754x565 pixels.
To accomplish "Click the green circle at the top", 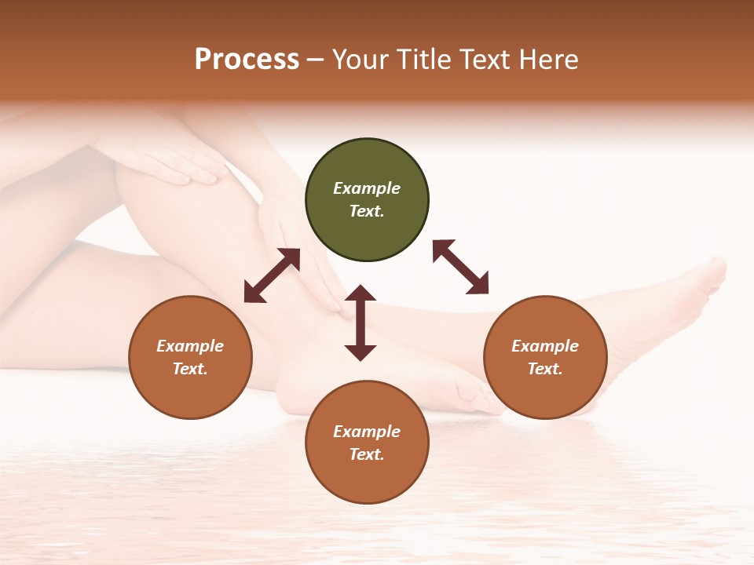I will click(367, 200).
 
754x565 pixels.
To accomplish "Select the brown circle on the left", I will click(190, 357).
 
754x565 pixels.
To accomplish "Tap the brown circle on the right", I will click(545, 357).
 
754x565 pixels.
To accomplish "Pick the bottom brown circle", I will click(367, 442).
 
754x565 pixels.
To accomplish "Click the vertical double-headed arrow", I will click(361, 323).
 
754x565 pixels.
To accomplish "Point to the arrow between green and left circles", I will click(272, 275).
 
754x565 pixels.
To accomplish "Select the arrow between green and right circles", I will click(460, 267).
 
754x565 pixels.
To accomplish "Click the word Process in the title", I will click(247, 60).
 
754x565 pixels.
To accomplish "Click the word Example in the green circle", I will click(367, 188).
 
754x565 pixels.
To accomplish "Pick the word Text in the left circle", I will click(190, 369).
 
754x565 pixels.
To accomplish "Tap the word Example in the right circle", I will click(545, 346).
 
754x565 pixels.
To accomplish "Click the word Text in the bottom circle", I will click(367, 454).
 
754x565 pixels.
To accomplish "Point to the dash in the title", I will click(316, 60).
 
